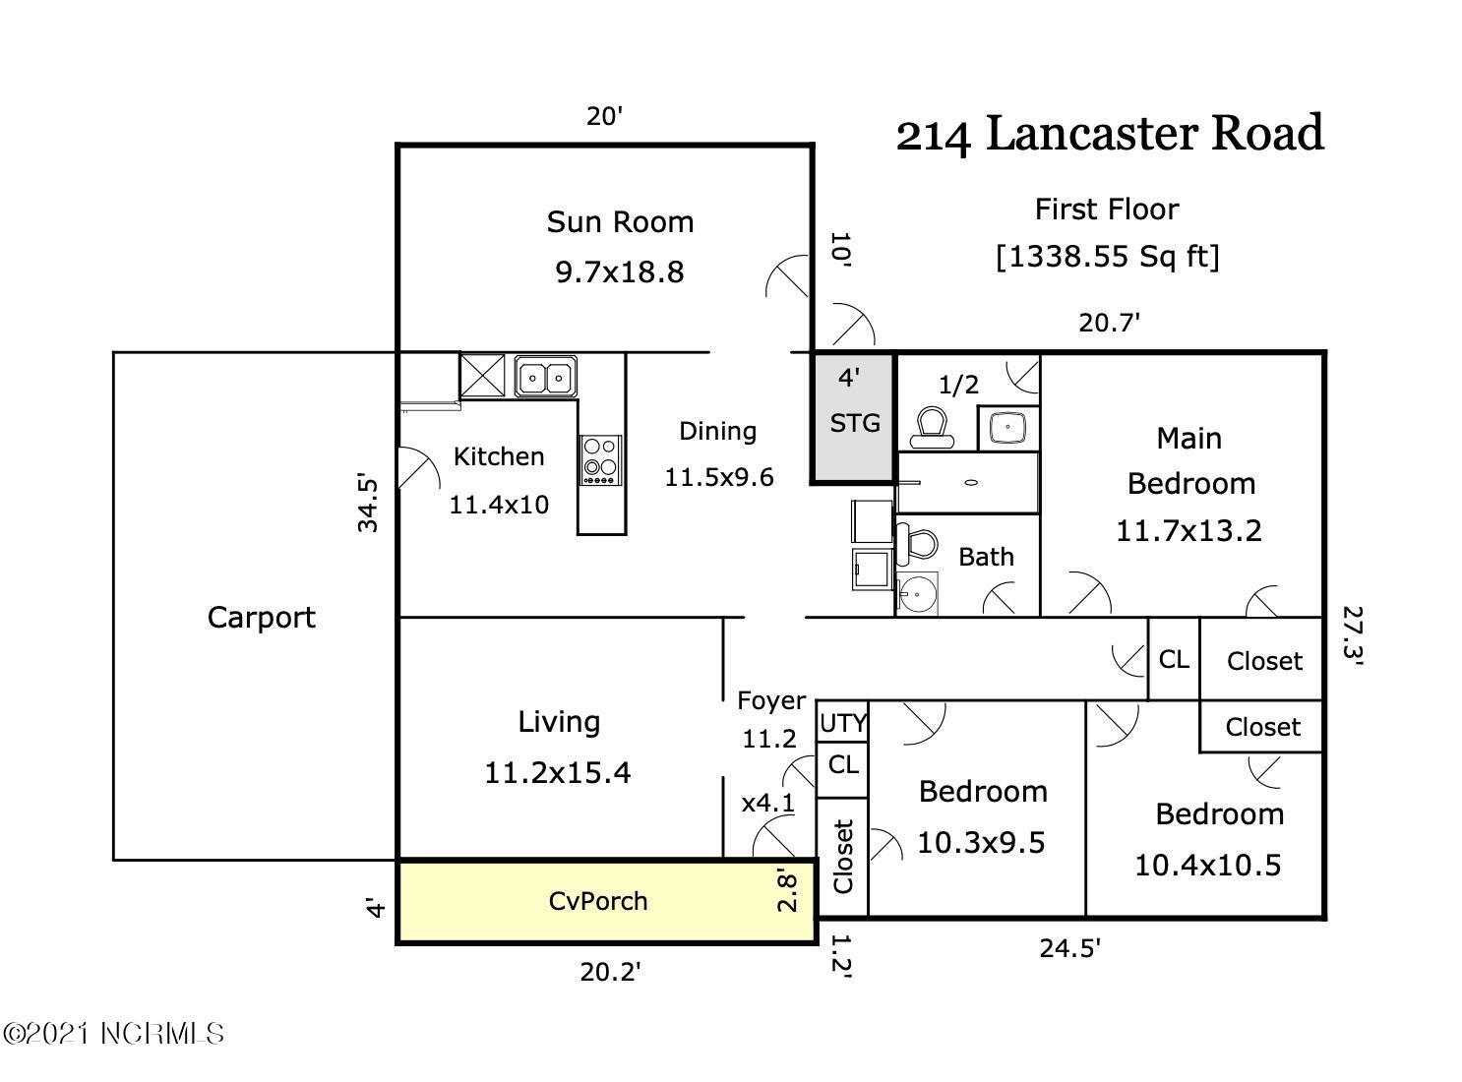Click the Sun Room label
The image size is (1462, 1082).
[x=620, y=222]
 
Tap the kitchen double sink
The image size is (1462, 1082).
[x=545, y=377]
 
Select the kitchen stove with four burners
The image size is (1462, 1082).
[x=600, y=460]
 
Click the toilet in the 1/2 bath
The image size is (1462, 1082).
[x=932, y=428]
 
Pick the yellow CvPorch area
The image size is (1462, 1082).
[x=606, y=901]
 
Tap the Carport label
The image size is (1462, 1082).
[x=261, y=618]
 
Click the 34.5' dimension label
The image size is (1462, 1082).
[x=367, y=503]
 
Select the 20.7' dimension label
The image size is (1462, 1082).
[x=1109, y=323]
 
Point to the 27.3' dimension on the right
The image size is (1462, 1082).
[x=1353, y=635]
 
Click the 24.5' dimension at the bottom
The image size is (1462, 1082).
[x=1069, y=949]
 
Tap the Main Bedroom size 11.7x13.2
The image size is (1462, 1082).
[x=1188, y=530]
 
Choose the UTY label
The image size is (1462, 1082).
[x=843, y=724]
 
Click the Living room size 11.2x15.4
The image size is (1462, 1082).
[x=558, y=772]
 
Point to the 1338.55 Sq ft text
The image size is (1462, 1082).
[x=1107, y=257]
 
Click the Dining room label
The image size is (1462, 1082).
[x=718, y=432]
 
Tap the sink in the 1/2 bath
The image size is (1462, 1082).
[x=1007, y=427]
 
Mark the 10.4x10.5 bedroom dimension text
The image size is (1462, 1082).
[x=1207, y=866]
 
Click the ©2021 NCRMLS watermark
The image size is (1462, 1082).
[x=113, y=1033]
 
